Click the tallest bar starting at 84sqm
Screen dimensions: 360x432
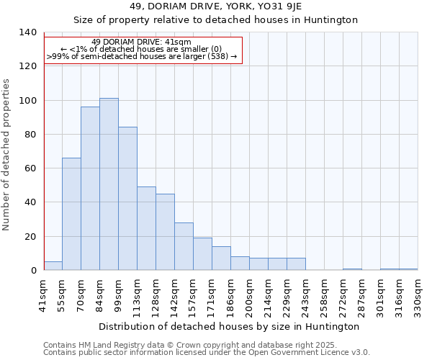(x=109, y=184)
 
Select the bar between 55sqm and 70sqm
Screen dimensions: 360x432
(x=71, y=214)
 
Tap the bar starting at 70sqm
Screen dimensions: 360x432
(x=90, y=189)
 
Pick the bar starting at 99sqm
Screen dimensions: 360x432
(x=127, y=199)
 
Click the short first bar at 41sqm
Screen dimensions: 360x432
(x=53, y=266)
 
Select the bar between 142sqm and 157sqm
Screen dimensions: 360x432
(x=184, y=246)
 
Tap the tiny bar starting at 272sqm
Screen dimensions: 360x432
(x=352, y=269)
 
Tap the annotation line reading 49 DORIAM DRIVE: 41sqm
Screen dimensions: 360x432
(x=142, y=42)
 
